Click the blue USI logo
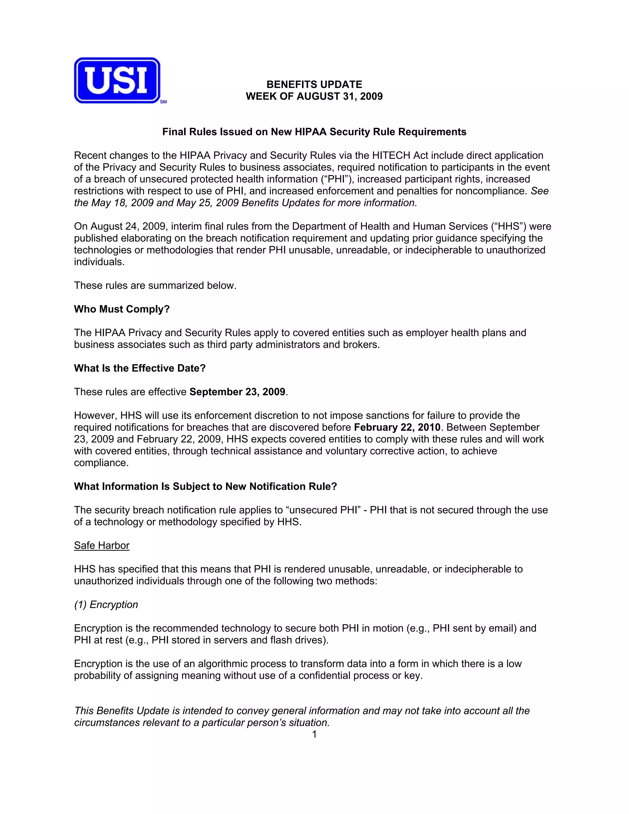point(117,80)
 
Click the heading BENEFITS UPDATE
point(314,84)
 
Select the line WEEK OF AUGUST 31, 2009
point(314,96)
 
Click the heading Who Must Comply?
point(122,309)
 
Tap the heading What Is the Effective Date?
point(140,368)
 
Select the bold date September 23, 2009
point(237,392)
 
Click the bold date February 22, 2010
point(397,427)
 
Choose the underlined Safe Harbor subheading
point(102,545)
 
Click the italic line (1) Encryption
point(106,605)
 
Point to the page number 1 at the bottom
point(314,734)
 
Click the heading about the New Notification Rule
point(205,486)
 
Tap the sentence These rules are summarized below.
point(155,285)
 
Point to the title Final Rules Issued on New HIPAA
point(314,132)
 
